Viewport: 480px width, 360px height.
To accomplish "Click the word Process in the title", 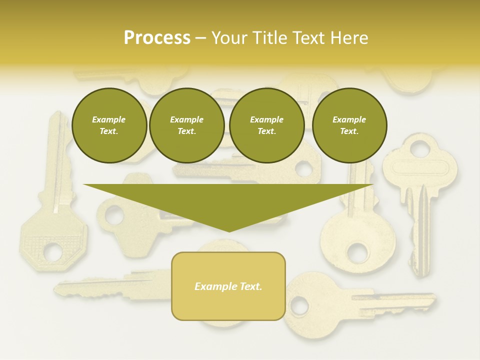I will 157,38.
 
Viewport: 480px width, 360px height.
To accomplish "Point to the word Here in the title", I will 349,38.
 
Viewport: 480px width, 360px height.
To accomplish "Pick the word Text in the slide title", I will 309,38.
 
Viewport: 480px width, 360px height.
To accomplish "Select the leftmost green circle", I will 109,125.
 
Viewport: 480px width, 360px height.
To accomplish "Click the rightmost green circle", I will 349,125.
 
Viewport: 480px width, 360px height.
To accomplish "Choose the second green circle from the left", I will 186,125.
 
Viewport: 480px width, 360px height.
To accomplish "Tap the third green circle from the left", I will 266,125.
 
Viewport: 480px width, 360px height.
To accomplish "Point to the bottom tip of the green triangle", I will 229,231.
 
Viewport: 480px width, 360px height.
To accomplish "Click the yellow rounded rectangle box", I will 228,286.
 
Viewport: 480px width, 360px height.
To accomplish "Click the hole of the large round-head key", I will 358,250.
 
